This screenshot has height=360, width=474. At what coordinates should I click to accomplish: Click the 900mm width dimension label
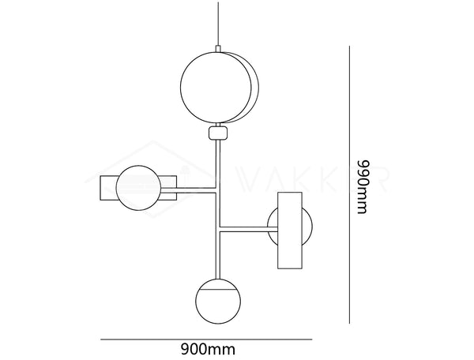tap(208, 350)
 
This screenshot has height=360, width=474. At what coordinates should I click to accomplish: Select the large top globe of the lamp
tap(216, 88)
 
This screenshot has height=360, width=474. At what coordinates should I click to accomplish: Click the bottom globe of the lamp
tap(218, 301)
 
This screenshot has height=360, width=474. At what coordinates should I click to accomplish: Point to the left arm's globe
tap(138, 188)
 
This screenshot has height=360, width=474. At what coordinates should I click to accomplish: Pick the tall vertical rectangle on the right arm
tap(290, 231)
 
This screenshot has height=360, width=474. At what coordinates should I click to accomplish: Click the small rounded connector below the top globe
tap(218, 133)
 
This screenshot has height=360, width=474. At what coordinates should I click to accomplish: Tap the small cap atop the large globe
tap(218, 49)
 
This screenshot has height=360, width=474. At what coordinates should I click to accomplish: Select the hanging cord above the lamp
tap(218, 24)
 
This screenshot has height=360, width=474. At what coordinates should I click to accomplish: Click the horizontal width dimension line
tap(206, 339)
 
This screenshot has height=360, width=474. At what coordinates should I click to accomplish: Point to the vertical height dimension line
tap(349, 185)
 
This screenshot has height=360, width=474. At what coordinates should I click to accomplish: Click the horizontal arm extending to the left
tap(188, 190)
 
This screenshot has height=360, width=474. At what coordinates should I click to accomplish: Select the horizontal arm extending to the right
tap(249, 229)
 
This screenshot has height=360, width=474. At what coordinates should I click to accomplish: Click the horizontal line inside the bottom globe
tap(218, 291)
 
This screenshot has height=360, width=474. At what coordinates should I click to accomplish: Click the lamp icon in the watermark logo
tap(185, 174)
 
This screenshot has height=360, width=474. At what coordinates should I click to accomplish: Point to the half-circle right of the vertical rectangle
tap(307, 227)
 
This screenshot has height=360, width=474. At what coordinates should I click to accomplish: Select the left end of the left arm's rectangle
tap(100, 188)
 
